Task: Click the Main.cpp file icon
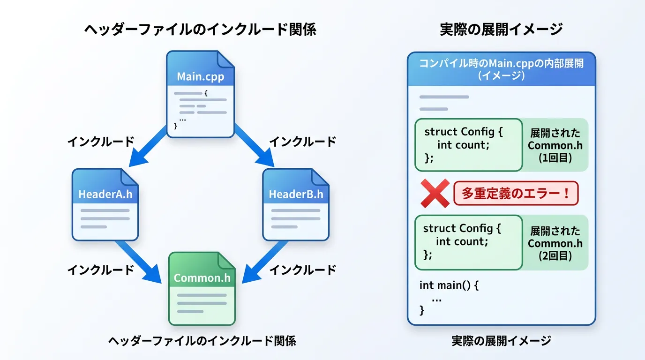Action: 200,94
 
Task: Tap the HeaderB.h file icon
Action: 295,204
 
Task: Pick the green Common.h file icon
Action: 202,288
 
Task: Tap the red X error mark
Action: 435,193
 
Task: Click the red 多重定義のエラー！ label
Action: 516,194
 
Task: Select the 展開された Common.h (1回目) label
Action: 555,145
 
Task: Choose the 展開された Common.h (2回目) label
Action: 555,243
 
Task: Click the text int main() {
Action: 449,285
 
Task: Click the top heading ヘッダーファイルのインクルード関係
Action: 200,30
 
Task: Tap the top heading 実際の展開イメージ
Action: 501,30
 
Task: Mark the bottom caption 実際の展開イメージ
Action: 501,341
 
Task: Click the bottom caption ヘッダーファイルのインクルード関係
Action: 202,341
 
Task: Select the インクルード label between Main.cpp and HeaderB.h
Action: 302,141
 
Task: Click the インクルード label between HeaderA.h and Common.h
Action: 101,270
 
